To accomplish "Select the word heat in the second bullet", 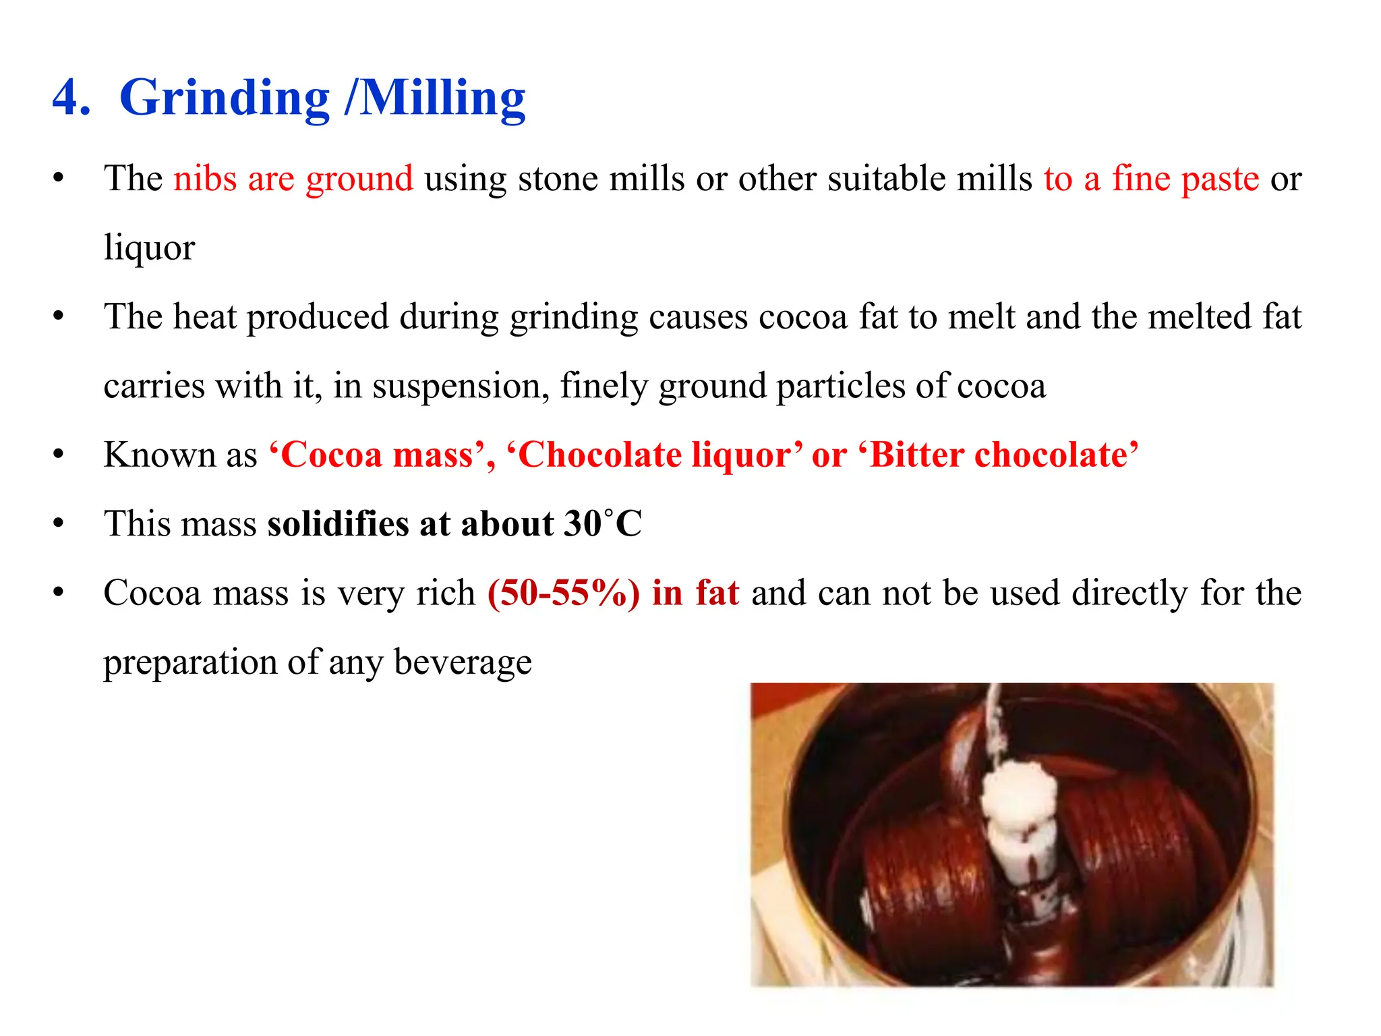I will point(204,316).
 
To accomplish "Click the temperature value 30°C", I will point(603,523).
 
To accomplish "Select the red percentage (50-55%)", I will point(564,593).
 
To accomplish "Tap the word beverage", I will point(463,662).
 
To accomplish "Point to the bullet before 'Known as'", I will point(59,455).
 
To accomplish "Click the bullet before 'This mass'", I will point(59,523).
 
